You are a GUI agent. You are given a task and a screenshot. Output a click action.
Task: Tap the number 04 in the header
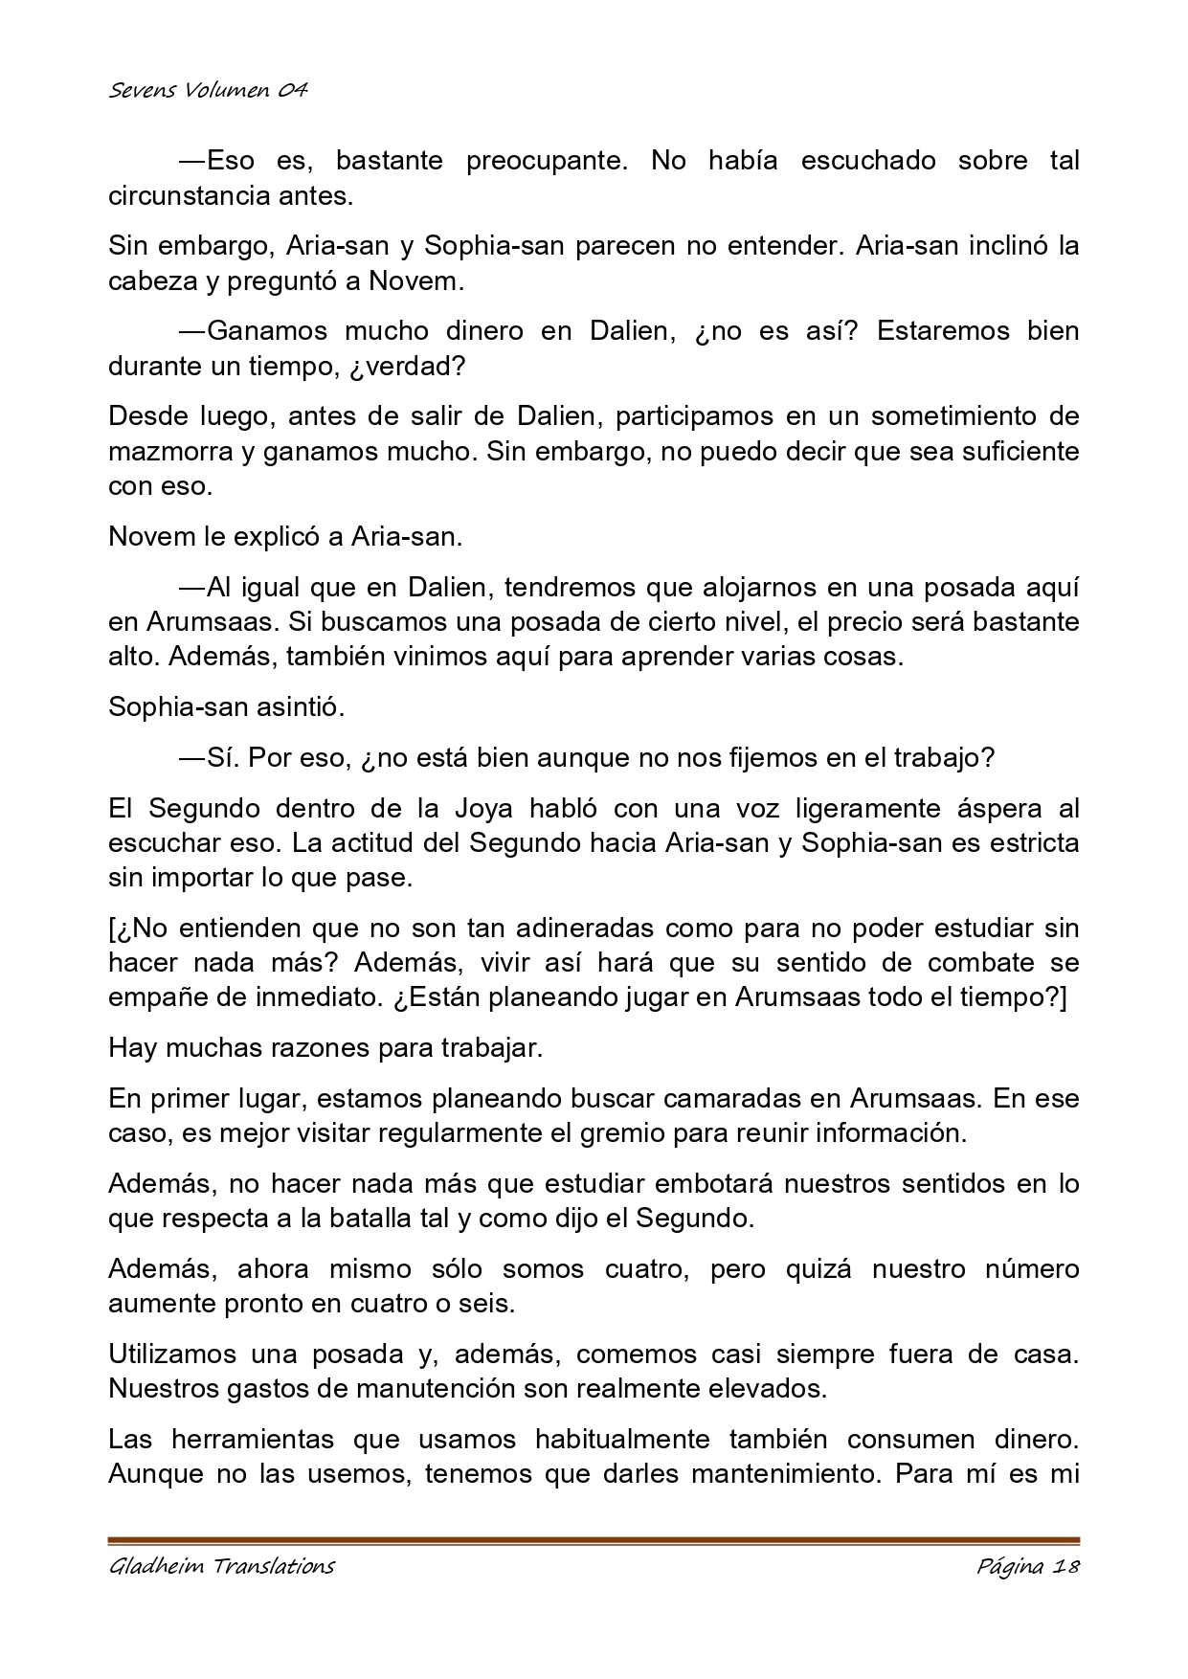click(x=291, y=91)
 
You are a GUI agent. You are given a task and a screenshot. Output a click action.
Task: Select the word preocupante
click(x=547, y=161)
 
